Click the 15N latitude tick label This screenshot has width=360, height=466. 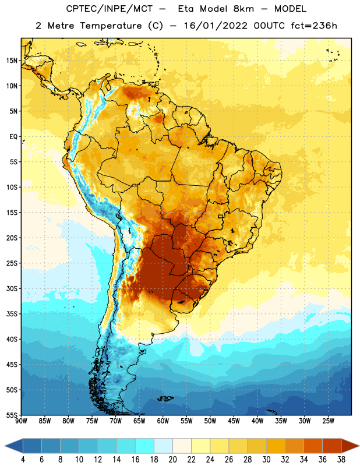[x=12, y=61]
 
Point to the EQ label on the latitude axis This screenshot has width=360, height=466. [x=13, y=137]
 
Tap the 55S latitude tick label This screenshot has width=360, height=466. [x=12, y=415]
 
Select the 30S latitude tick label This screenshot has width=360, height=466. [x=12, y=288]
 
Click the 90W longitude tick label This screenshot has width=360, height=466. [x=21, y=421]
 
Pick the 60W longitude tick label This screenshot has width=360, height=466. [x=163, y=421]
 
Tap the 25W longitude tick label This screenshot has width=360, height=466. [x=328, y=421]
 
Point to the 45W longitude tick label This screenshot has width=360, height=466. [x=234, y=421]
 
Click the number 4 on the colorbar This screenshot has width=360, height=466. [x=23, y=460]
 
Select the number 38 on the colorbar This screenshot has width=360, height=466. [x=341, y=460]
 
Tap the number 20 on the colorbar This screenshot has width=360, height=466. [x=172, y=460]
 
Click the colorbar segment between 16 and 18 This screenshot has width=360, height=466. [x=145, y=446]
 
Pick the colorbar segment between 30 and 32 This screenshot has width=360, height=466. [x=276, y=446]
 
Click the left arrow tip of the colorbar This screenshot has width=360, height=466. [x=5, y=446]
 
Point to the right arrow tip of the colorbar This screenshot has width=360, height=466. [x=359, y=446]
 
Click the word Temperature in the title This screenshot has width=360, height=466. [x=111, y=26]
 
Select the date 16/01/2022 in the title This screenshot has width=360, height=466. [x=216, y=26]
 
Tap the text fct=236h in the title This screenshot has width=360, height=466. [x=314, y=26]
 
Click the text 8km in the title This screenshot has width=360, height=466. [x=243, y=9]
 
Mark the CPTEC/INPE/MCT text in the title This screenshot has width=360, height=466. [x=109, y=9]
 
